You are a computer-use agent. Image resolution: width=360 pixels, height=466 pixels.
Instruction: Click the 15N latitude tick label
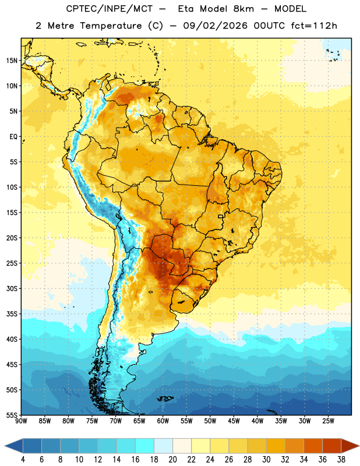point(12,61)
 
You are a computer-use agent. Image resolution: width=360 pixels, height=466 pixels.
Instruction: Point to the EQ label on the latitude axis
point(13,137)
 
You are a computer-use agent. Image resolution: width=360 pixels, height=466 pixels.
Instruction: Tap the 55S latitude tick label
point(12,415)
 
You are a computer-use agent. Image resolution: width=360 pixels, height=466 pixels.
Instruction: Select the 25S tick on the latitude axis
point(12,263)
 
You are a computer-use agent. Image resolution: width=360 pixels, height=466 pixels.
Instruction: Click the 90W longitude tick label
point(21,421)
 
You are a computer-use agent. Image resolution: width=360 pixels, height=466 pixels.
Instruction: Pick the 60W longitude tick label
point(163,421)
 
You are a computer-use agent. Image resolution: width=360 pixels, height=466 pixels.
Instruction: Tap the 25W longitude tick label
point(328,421)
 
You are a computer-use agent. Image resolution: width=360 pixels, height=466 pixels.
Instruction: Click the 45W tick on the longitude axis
point(234,421)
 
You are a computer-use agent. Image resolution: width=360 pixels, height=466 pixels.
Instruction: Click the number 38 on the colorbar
point(341,460)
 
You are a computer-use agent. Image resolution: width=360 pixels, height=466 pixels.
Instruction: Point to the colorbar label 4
point(23,460)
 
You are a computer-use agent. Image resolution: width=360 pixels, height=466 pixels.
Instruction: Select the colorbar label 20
point(172,460)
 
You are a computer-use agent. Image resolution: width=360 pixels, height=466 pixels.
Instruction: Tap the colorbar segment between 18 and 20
point(163,446)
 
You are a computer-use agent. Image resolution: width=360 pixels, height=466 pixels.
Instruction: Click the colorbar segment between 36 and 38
point(332,446)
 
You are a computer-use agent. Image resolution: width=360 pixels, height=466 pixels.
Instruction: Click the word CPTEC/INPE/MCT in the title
point(109,9)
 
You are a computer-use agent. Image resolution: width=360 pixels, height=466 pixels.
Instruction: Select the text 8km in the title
point(243,9)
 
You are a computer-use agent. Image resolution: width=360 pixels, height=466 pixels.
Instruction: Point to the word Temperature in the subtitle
point(111,26)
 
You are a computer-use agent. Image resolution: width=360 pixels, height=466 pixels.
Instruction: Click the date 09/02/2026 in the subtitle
point(215,26)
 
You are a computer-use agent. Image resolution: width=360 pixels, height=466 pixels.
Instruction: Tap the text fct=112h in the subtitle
point(314,26)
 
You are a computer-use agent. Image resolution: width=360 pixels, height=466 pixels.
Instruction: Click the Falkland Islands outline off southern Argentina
point(165,398)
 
